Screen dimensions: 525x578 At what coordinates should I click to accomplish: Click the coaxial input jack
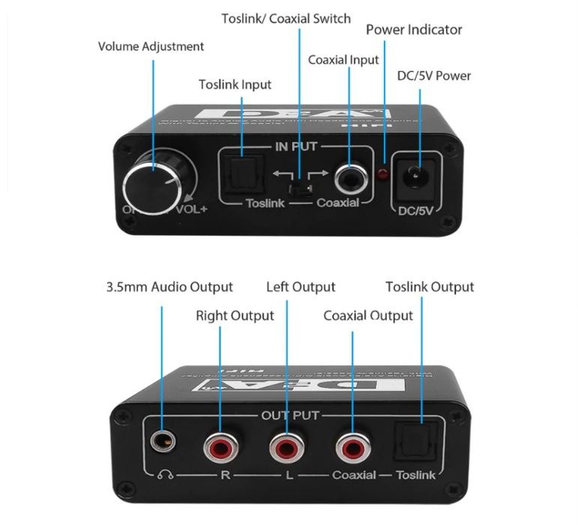click(x=350, y=177)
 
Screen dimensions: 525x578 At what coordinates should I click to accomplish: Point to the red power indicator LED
click(x=382, y=175)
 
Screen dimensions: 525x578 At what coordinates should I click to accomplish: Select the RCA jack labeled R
click(x=220, y=448)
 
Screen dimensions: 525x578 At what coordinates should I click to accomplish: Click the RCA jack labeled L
click(x=285, y=448)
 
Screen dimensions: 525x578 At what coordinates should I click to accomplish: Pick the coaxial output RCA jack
click(x=351, y=448)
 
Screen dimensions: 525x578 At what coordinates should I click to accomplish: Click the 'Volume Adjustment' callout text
click(x=151, y=46)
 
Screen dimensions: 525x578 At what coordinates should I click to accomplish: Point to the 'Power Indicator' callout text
click(x=414, y=30)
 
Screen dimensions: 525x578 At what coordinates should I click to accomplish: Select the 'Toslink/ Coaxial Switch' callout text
click(x=286, y=18)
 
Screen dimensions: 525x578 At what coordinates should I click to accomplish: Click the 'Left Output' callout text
click(x=301, y=286)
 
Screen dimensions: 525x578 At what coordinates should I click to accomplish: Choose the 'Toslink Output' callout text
click(x=430, y=286)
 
